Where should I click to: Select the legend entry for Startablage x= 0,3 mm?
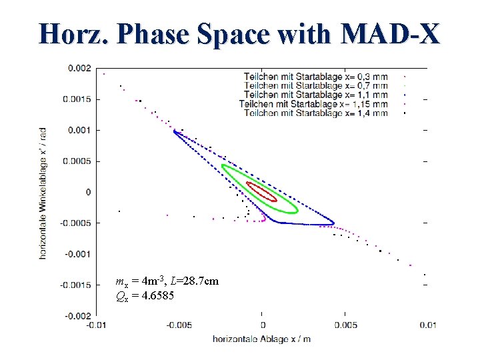pyautogui.click(x=315, y=77)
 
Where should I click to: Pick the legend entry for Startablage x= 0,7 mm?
pyautogui.click(x=315, y=86)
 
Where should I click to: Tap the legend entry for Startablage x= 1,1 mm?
pyautogui.click(x=315, y=95)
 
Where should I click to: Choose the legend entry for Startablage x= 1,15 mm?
pyautogui.click(x=313, y=105)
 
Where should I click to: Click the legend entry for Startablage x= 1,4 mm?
pyautogui.click(x=315, y=114)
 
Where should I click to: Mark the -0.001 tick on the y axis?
pyautogui.click(x=77, y=254)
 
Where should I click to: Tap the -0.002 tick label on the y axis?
pyautogui.click(x=77, y=315)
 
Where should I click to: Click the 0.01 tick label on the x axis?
pyautogui.click(x=428, y=325)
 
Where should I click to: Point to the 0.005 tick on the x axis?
pyautogui.click(x=346, y=325)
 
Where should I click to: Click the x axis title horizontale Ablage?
pyautogui.click(x=261, y=339)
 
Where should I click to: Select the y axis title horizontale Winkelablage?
pyautogui.click(x=43, y=193)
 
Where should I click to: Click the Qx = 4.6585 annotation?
pyautogui.click(x=145, y=295)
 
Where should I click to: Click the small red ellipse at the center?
pyautogui.click(x=261, y=192)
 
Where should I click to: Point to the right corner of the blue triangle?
pyautogui.click(x=333, y=223)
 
